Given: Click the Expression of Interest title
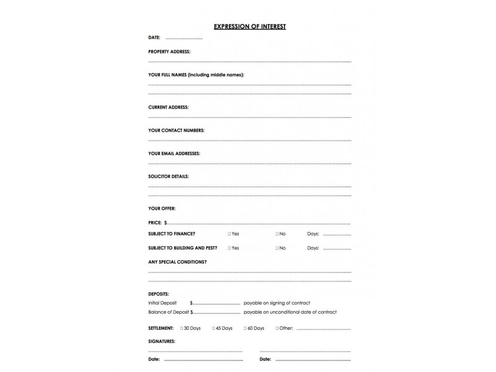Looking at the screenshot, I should click(x=249, y=27).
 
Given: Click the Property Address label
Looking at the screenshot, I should click(x=169, y=51).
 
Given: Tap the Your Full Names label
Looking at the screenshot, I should click(x=196, y=74).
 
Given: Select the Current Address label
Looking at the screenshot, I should click(x=168, y=107).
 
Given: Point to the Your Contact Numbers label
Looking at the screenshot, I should click(x=176, y=130).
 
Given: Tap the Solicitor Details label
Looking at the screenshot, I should click(x=169, y=176).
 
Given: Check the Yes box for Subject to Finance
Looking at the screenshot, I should click(x=229, y=234).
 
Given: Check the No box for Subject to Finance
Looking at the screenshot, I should click(x=277, y=234).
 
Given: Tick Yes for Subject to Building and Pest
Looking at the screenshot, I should click(x=229, y=248).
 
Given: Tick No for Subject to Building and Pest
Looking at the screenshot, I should click(x=277, y=248).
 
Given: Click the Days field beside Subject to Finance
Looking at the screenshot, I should click(x=337, y=234).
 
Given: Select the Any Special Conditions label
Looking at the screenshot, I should click(x=177, y=262).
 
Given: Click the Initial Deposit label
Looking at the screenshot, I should click(x=162, y=303).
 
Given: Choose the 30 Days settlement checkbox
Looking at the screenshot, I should click(x=181, y=328).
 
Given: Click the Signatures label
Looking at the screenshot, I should click(x=161, y=341).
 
